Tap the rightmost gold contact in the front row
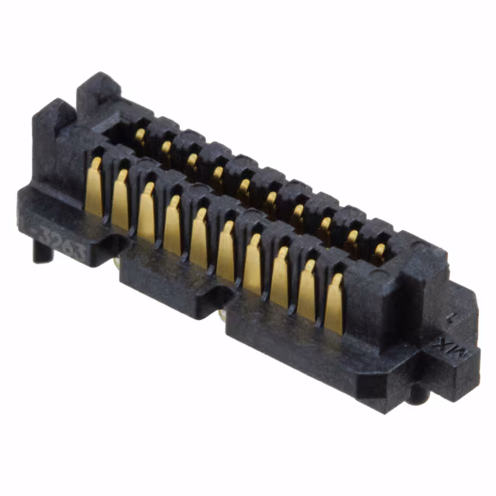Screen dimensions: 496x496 pos(334,304)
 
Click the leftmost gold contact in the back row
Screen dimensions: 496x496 pos(140,137)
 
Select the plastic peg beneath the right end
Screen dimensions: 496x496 pos(419,395)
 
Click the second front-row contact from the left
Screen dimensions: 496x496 pos(120,201)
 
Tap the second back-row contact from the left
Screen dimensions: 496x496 pos(166,148)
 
